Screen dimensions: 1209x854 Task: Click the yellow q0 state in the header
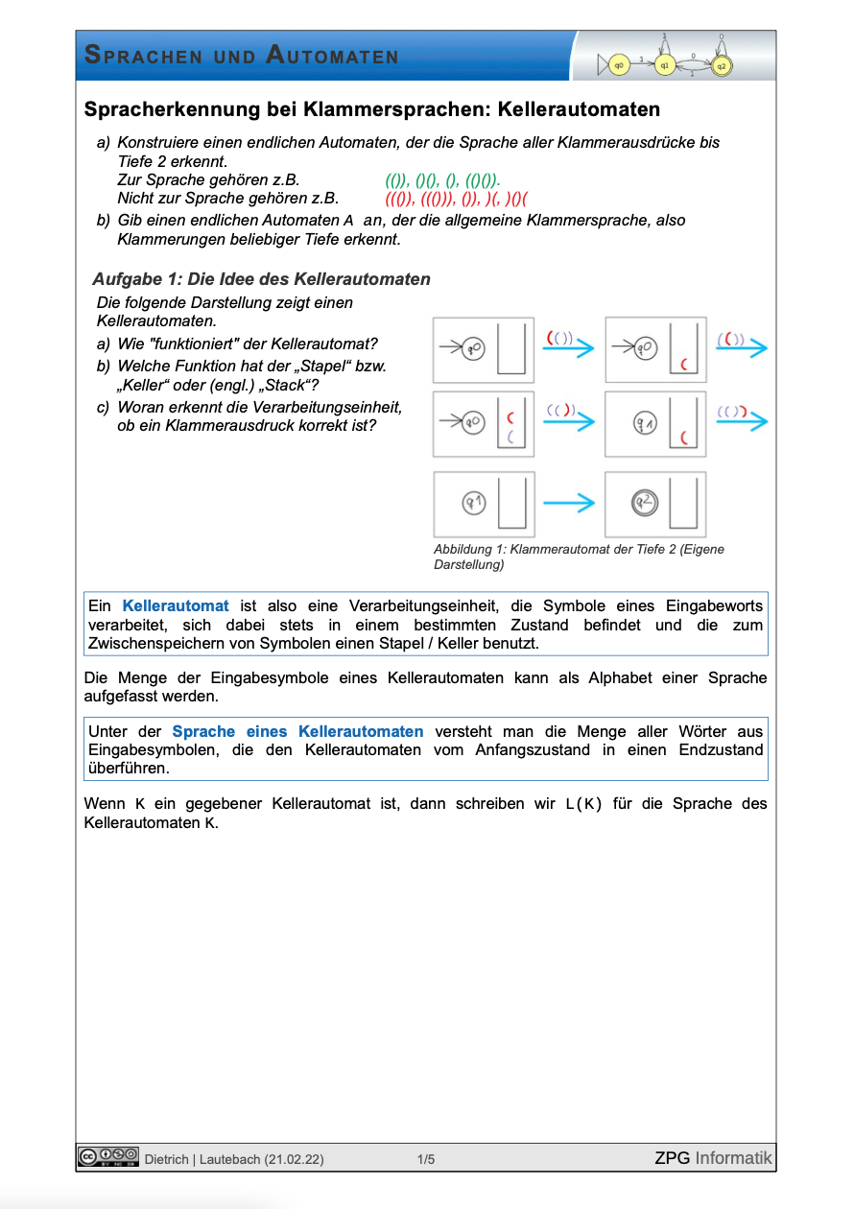pos(620,64)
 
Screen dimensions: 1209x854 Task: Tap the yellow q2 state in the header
pos(721,65)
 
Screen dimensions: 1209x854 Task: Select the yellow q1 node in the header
pos(664,65)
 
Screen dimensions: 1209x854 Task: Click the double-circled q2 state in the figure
pos(644,502)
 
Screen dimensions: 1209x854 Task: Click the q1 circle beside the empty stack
pos(473,502)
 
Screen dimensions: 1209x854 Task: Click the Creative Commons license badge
pos(108,1157)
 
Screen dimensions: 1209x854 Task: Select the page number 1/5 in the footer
pos(426,1159)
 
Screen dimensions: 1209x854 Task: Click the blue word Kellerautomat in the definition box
pos(176,605)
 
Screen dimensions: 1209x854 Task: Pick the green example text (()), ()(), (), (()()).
pos(442,179)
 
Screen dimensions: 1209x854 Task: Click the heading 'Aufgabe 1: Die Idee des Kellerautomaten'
pos(261,279)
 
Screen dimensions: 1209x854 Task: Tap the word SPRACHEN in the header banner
pos(144,56)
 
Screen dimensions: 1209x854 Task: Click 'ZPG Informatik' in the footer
pos(713,1158)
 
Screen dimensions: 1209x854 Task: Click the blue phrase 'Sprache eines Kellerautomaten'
pos(297,731)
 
